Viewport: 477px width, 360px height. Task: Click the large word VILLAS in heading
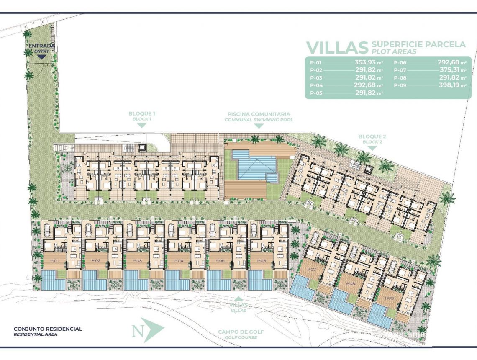point(336,48)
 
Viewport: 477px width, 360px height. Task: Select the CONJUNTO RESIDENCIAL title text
point(48,329)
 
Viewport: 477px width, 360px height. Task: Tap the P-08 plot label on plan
point(351,283)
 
